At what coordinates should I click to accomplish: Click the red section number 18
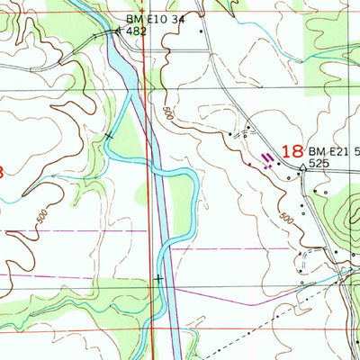point(291,153)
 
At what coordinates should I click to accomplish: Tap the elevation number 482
point(136,31)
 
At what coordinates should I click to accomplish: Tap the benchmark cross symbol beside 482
point(118,30)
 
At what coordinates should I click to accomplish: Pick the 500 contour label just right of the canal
point(168,114)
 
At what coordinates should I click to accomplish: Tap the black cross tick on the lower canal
point(158,279)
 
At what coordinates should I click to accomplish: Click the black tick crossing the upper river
point(108,135)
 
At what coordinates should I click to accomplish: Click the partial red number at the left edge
point(3,172)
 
